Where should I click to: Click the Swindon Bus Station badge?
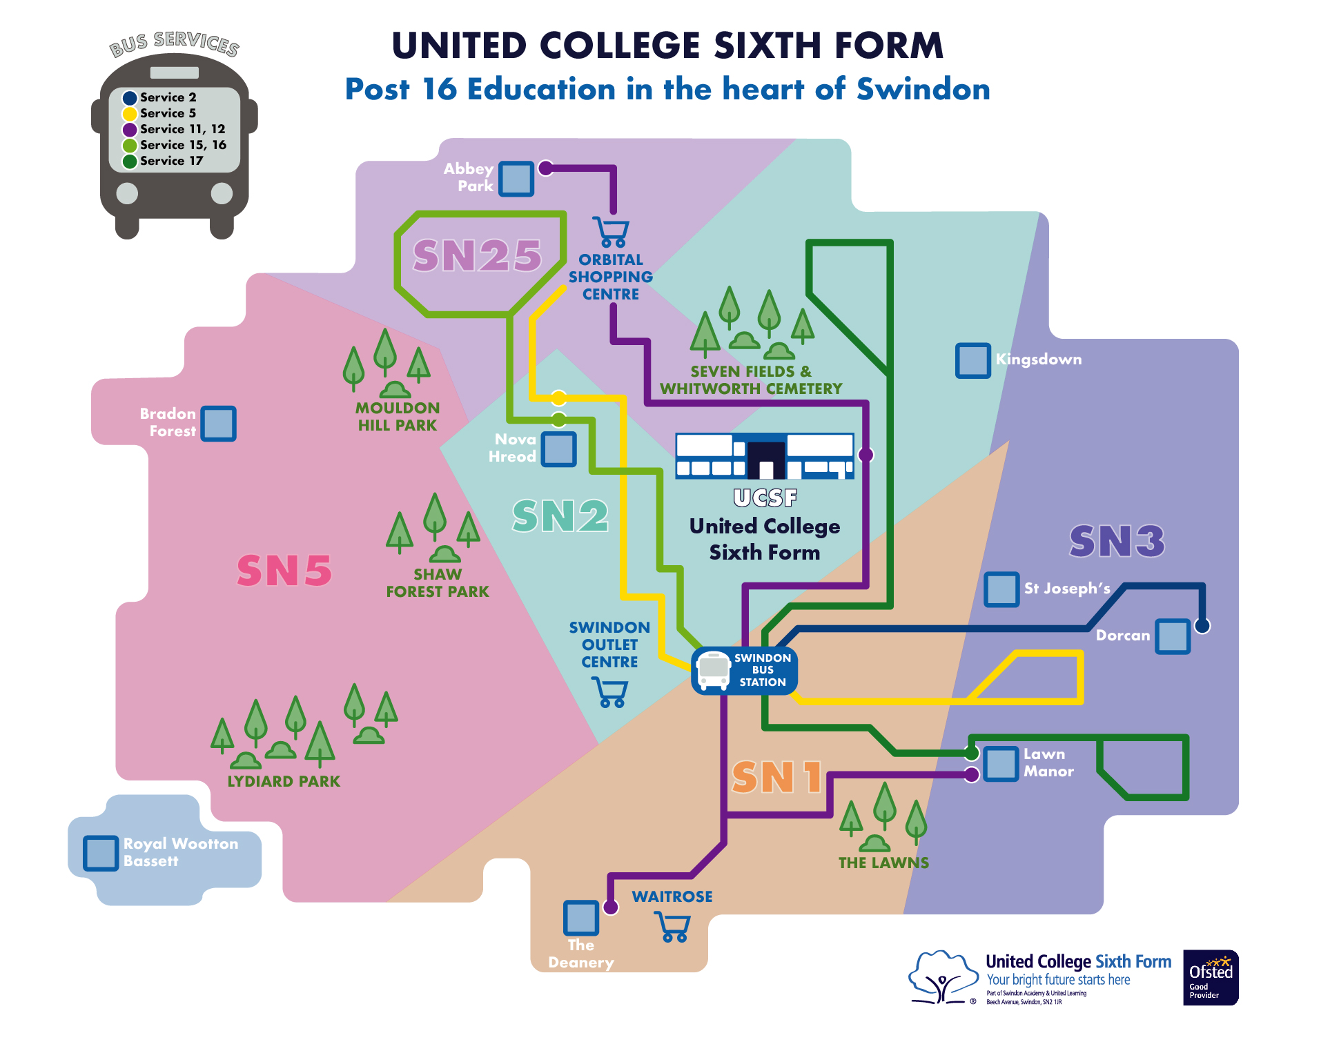coord(745,670)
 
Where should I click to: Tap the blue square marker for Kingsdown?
coord(972,360)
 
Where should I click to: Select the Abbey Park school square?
coord(516,179)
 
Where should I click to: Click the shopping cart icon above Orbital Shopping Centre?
coord(612,232)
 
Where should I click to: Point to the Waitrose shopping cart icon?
coord(672,926)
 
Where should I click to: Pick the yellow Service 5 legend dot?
coord(130,114)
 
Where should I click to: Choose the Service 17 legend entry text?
coord(171,161)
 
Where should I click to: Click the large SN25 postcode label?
coord(477,256)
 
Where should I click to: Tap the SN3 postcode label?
coord(1117,541)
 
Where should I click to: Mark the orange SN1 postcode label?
coord(777,778)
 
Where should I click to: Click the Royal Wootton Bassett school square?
coord(101,853)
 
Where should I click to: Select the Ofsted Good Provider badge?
coord(1210,977)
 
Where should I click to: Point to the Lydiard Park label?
coord(284,781)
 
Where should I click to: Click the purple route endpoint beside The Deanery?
coord(611,907)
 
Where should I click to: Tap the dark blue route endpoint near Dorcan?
coord(1202,626)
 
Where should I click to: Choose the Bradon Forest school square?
coord(219,423)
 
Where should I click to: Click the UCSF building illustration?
coord(765,456)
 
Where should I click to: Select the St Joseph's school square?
coord(1001,589)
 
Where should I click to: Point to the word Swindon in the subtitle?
coord(923,90)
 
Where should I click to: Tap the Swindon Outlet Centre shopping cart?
coord(610,691)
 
